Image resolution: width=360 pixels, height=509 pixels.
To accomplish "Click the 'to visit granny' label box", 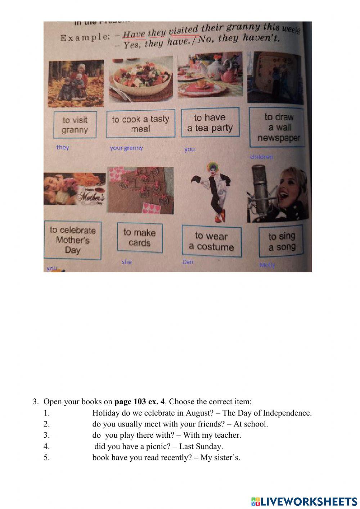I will click(75, 125).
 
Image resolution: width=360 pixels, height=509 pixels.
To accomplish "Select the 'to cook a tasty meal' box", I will click(140, 124).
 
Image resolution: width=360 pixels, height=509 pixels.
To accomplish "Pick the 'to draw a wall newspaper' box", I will click(277, 127).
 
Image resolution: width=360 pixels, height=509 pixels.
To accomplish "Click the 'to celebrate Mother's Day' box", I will click(72, 240).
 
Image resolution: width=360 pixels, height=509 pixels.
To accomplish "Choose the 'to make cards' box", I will click(139, 237).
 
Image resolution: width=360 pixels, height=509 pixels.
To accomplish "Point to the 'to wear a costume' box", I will click(211, 241).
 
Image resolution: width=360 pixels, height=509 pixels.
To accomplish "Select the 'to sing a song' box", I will click(281, 241).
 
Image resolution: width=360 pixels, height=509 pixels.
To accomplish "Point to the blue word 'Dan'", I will click(188, 262).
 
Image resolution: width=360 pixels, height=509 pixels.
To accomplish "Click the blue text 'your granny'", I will click(126, 148).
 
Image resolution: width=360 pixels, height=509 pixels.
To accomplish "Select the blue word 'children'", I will click(261, 157).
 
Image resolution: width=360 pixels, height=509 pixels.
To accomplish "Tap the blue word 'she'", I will click(127, 262).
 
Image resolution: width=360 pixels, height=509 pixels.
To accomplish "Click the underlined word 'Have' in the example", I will click(134, 35).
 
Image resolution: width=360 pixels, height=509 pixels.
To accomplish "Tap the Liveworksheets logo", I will click(304, 501).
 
